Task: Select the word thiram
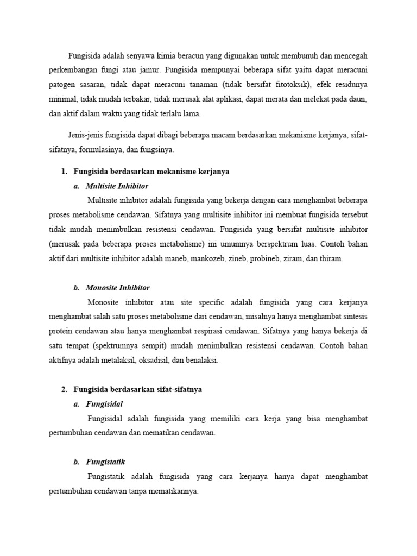point(332,259)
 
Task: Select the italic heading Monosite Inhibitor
point(117,288)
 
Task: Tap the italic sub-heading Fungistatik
point(105,462)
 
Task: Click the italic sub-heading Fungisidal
point(104,404)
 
